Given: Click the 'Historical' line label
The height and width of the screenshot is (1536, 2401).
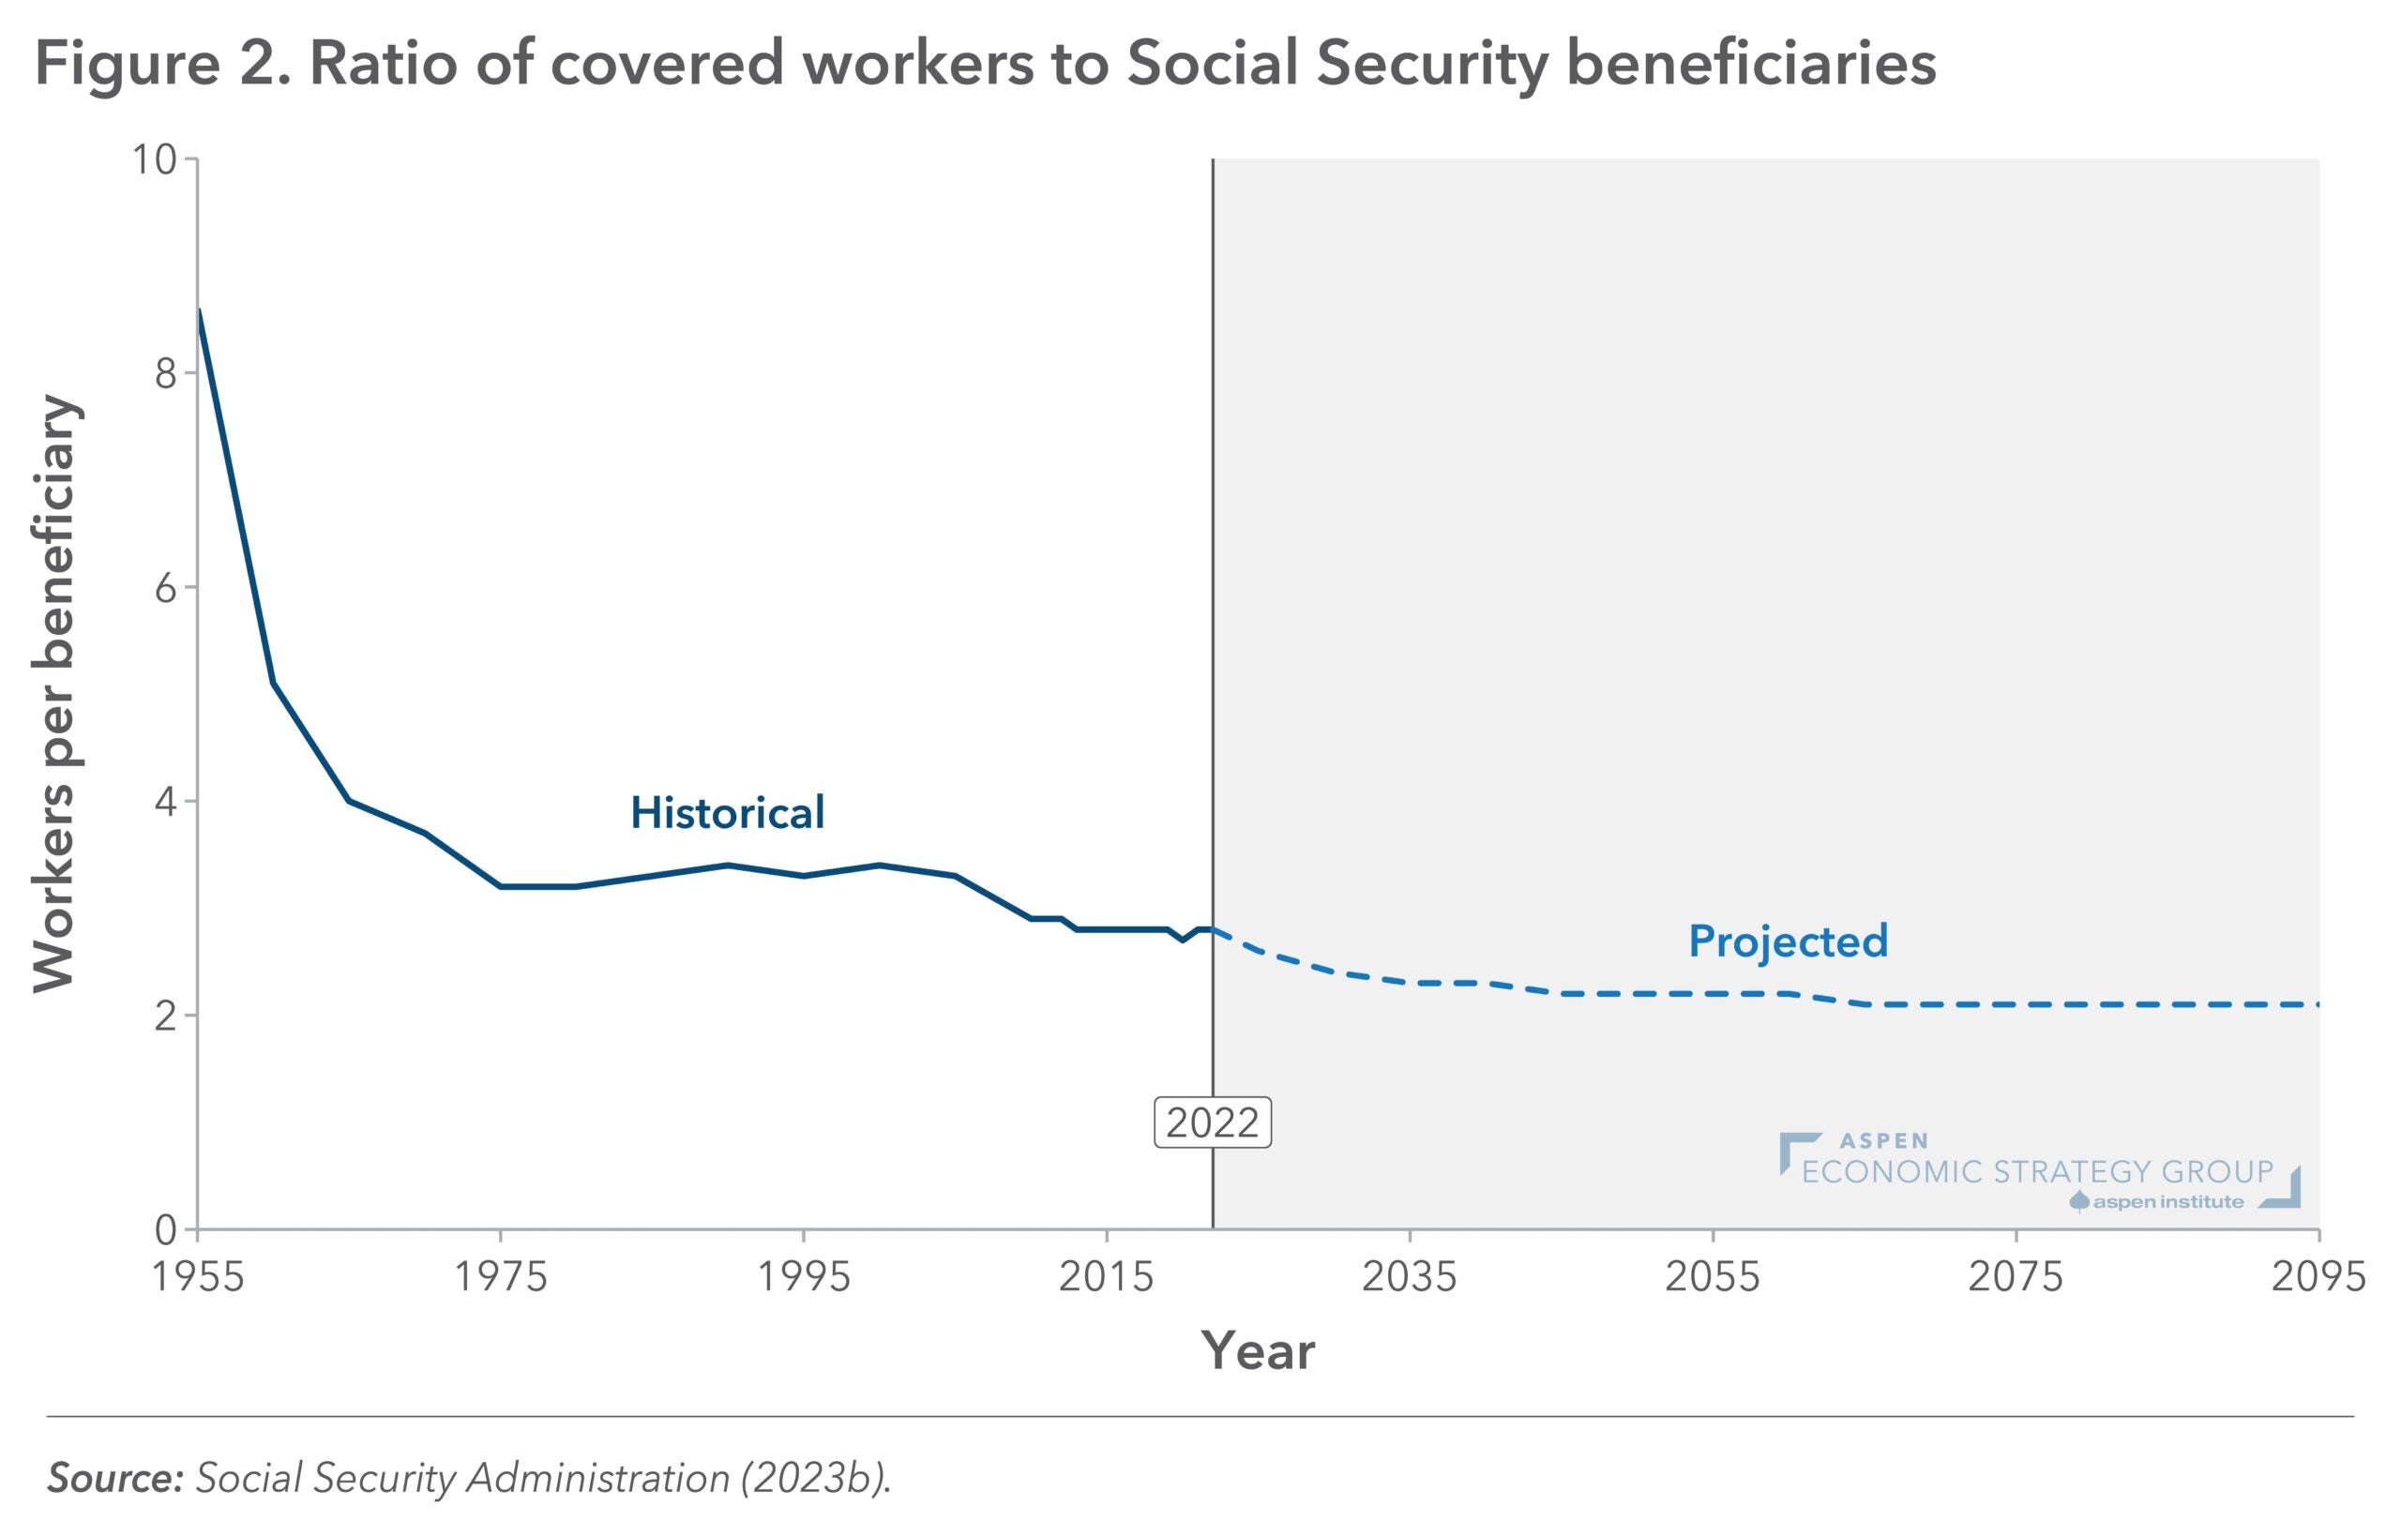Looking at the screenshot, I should pos(727,813).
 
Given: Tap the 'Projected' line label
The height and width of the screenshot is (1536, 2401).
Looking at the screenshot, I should pos(1788,941).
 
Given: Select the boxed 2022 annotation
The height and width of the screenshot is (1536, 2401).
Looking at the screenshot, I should pos(1212,1123).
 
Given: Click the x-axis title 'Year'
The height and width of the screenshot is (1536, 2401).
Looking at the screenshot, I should pos(1258,1351).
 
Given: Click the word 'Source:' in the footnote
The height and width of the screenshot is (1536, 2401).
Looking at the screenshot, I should pos(114,1478).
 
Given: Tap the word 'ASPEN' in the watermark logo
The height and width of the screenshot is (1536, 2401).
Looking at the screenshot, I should pos(1883,1141).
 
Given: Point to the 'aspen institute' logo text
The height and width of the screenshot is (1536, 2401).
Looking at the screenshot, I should pos(2167,1202).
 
